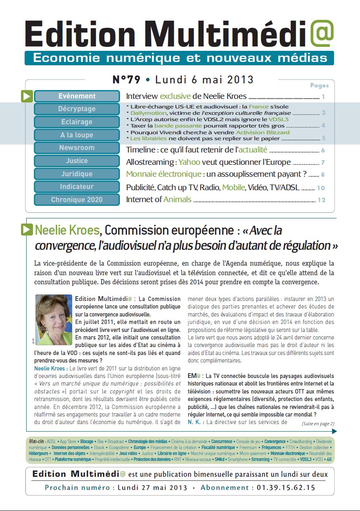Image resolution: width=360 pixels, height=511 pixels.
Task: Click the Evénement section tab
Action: [x=77, y=96]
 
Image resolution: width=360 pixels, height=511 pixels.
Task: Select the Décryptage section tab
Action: [x=77, y=109]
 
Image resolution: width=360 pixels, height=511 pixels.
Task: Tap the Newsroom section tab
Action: [x=77, y=148]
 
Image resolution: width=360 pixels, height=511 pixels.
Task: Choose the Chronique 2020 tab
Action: [x=77, y=200]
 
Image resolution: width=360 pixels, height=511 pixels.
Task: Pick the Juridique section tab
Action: [x=77, y=174]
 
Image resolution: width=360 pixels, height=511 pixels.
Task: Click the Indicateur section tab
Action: [x=77, y=187]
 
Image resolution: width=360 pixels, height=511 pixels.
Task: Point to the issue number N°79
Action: [x=127, y=80]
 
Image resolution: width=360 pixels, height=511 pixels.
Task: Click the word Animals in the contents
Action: [x=177, y=199]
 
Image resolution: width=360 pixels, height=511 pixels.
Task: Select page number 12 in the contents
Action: [x=321, y=200]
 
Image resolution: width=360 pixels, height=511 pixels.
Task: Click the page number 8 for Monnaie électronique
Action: [x=323, y=174]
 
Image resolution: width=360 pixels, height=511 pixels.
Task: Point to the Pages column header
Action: [x=320, y=85]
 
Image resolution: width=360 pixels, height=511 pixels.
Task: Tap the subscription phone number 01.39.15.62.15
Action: [x=286, y=488]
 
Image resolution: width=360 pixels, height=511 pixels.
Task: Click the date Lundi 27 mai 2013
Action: [x=152, y=488]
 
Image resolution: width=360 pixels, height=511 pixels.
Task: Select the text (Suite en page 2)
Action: [x=318, y=423]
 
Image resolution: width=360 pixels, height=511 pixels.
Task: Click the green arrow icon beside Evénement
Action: [x=27, y=96]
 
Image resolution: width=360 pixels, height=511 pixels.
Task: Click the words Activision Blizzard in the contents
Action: [x=263, y=132]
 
